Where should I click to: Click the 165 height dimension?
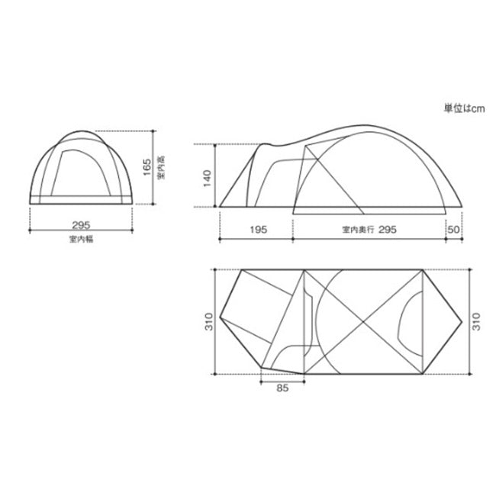(147, 167)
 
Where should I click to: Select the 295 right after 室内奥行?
(388, 228)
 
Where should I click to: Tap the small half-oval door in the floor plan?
(409, 320)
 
